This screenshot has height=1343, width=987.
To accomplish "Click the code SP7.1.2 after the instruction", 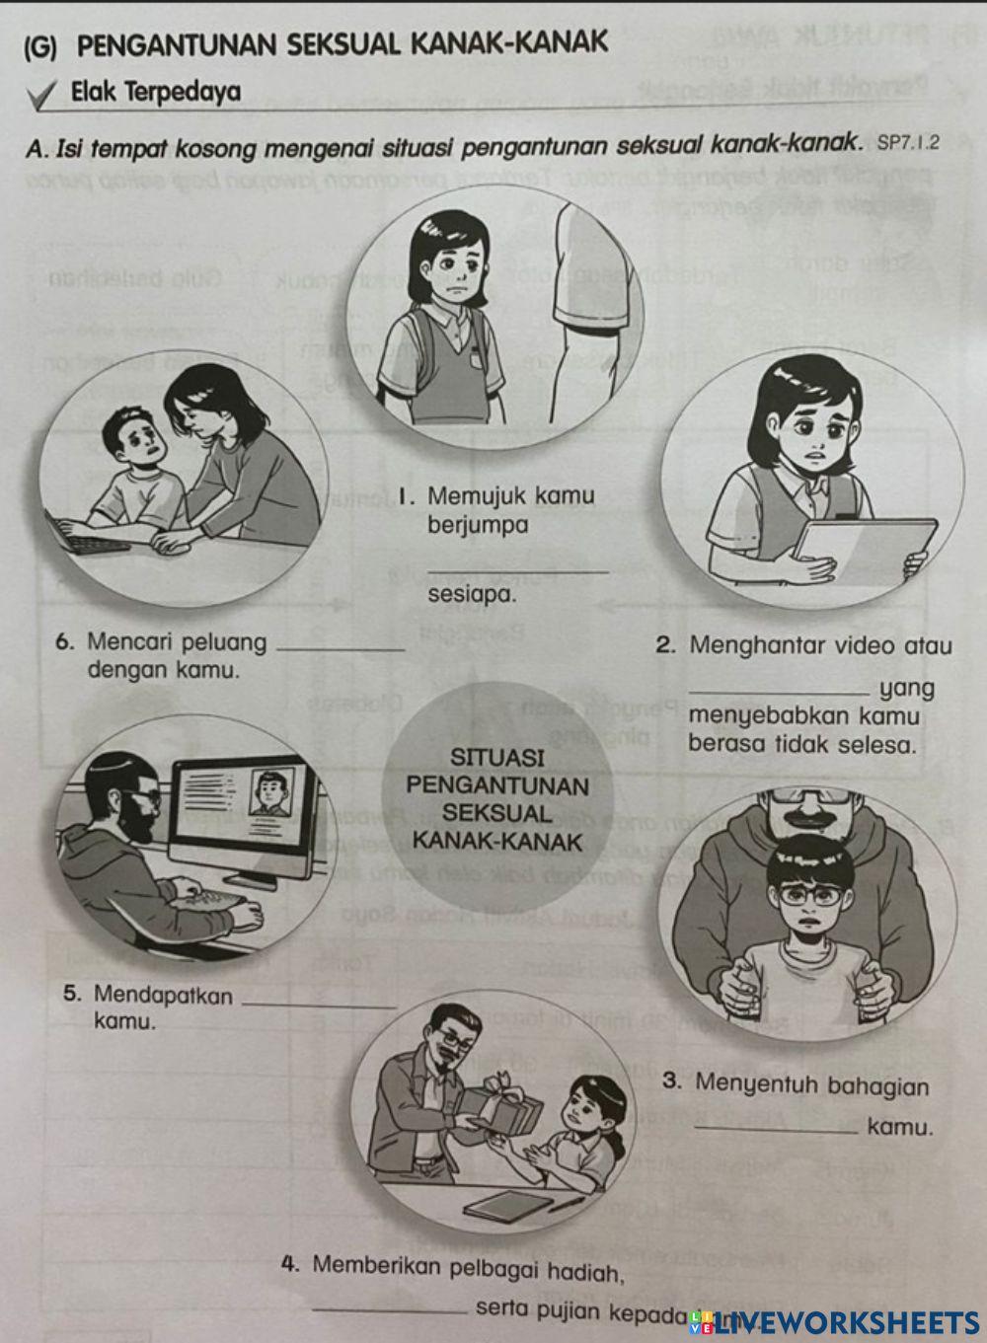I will [x=907, y=143].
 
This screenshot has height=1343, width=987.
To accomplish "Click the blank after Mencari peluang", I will [x=342, y=648].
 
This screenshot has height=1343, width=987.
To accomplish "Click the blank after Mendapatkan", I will [x=318, y=1004].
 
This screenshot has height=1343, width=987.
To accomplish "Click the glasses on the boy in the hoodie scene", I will [x=809, y=896].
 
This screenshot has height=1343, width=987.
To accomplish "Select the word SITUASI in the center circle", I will [x=497, y=758].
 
